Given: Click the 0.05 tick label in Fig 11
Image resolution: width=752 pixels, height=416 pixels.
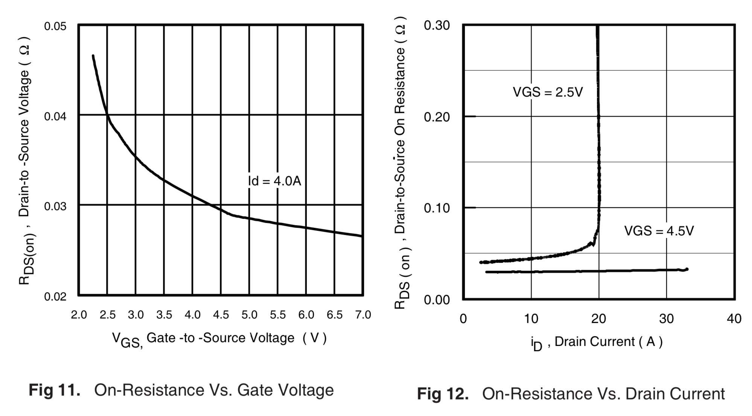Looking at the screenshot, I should tap(55, 26).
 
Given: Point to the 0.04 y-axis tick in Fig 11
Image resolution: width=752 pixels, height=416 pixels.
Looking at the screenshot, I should tap(55, 117).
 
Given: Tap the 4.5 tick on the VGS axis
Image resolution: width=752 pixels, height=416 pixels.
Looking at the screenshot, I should tap(221, 315).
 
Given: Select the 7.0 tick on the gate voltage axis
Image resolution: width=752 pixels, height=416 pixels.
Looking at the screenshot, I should tap(363, 315).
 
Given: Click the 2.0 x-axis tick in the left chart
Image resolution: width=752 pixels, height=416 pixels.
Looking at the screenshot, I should tap(79, 315).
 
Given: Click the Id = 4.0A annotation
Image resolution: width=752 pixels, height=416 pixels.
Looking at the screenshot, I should tap(275, 181).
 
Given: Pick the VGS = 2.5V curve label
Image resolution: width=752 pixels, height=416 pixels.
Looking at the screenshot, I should tap(548, 92).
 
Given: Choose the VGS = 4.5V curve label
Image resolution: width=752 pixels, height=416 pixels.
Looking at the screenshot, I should tap(659, 231).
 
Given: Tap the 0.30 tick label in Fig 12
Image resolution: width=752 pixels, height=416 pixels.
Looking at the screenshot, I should tap(437, 26).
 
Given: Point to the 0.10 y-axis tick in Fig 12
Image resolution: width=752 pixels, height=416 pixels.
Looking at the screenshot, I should tap(437, 208).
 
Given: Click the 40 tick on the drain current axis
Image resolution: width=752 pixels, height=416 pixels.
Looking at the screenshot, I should tap(734, 319).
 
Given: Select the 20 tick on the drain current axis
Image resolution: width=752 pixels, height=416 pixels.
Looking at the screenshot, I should tap(598, 319).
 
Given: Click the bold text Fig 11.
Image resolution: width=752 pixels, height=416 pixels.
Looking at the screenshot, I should tap(55, 390).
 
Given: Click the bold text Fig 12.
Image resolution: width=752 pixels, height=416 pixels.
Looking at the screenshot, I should tap(443, 394).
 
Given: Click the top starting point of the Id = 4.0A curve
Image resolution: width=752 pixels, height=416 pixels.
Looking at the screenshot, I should tap(93, 56).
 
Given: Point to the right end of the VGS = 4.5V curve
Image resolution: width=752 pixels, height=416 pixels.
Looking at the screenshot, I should tap(687, 269).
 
